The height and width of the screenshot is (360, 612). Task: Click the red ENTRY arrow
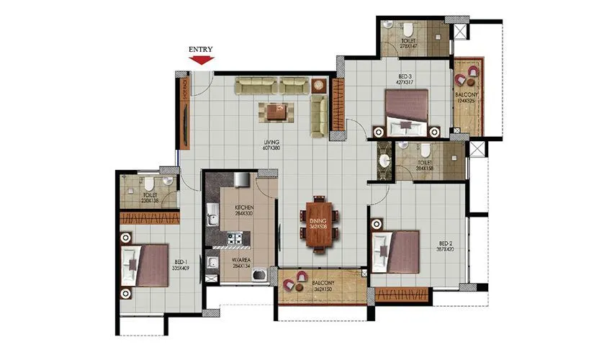point(201,60)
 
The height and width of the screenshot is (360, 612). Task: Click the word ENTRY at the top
point(201,49)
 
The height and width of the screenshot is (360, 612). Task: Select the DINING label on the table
point(318,220)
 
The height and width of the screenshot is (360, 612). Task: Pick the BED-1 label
point(181,263)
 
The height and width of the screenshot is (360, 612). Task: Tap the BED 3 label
point(405,75)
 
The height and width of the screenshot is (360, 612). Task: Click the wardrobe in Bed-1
point(149,217)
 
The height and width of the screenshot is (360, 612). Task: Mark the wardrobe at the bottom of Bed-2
point(402,293)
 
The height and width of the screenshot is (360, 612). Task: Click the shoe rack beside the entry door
point(185,112)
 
